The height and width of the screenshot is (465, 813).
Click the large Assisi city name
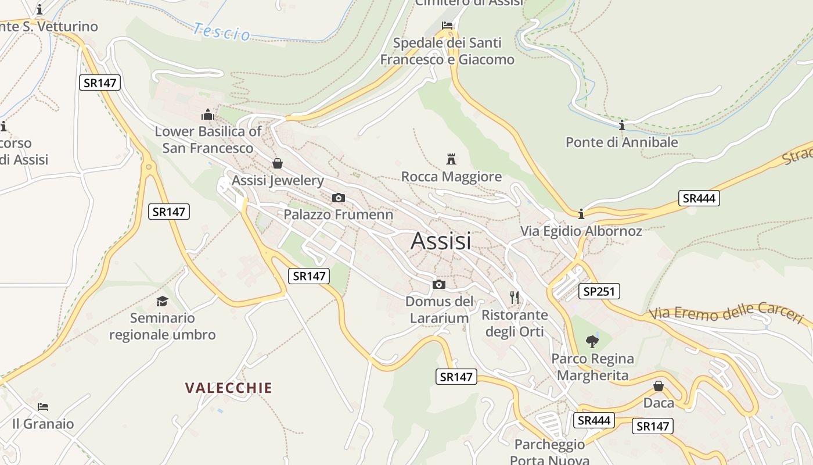click(441, 241)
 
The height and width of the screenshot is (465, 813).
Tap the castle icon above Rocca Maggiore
click(451, 159)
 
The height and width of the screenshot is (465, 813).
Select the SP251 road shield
click(599, 291)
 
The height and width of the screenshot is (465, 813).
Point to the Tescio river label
click(222, 31)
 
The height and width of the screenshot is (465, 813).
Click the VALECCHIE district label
click(228, 388)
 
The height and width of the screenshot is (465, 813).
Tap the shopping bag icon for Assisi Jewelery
click(278, 163)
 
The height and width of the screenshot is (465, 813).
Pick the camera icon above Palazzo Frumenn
click(339, 198)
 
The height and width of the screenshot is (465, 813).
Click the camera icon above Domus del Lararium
click(439, 284)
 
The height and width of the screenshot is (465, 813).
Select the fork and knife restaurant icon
click(515, 298)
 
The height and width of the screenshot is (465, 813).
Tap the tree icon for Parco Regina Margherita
click(592, 341)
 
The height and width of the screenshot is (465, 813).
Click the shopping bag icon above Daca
click(659, 386)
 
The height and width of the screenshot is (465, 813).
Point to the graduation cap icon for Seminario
click(162, 301)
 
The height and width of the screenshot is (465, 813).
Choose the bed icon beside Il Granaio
click(43, 406)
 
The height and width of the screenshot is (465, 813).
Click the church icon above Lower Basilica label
click(207, 115)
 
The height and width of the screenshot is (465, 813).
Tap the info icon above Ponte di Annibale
click(622, 125)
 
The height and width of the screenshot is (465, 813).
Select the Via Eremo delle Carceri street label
click(726, 313)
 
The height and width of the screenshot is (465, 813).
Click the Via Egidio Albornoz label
click(581, 231)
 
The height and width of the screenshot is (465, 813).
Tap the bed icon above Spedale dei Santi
click(447, 26)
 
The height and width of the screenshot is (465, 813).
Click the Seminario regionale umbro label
click(163, 326)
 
